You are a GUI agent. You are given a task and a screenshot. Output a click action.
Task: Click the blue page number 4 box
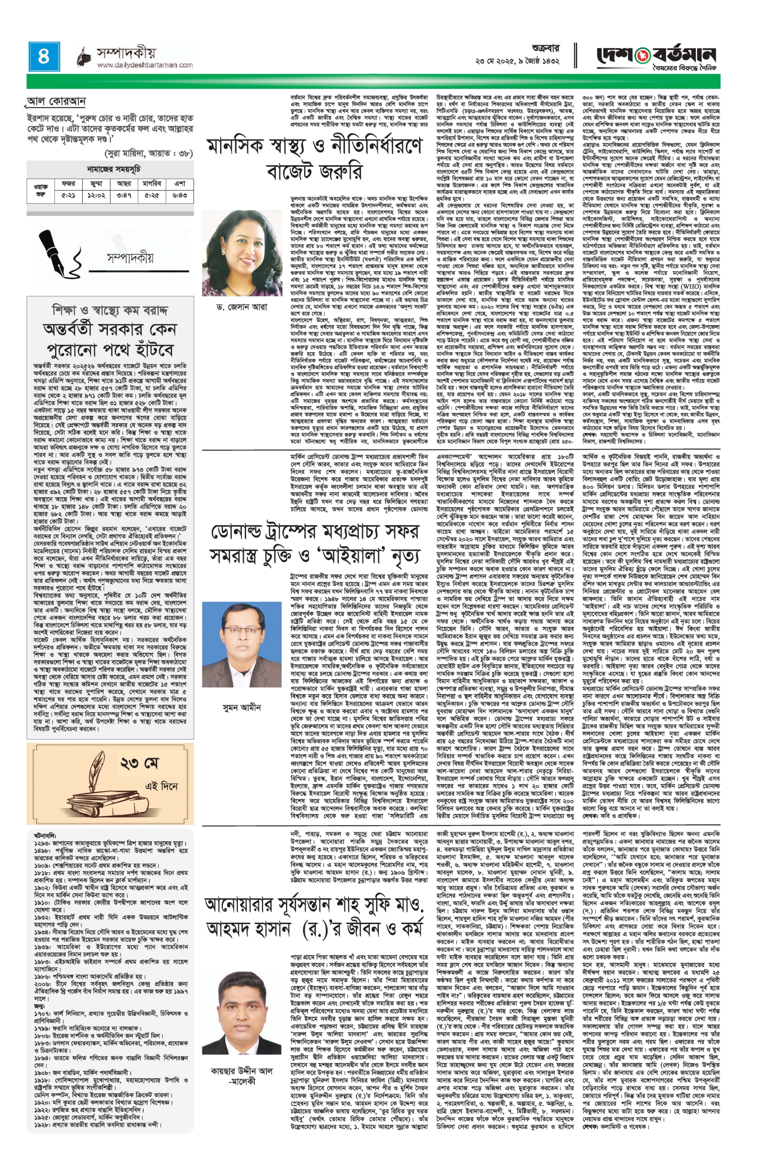coord(44,57)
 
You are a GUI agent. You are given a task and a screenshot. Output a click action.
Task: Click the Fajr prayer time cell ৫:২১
coord(68,195)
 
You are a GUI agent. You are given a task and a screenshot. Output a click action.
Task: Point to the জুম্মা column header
coord(96,183)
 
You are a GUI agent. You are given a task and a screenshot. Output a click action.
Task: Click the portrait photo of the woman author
coord(242,253)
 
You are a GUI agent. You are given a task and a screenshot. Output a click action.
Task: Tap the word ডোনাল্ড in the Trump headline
coord(243,531)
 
